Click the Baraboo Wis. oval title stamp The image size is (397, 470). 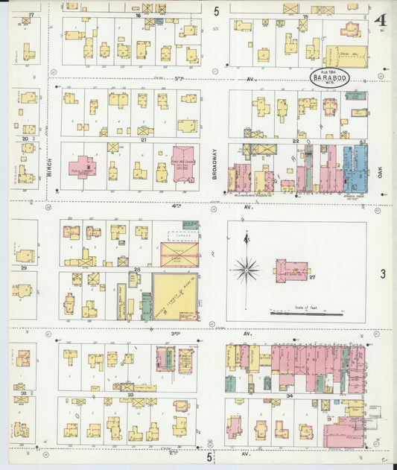pos(328,78)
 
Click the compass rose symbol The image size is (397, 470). pos(246,268)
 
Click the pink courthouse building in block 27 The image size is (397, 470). pos(290,270)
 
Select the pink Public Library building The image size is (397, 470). pos(83,166)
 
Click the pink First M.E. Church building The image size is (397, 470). pos(182,162)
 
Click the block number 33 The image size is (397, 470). pos(130,395)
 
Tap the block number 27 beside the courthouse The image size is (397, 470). pos(314,276)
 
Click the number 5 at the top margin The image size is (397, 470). pos(216,11)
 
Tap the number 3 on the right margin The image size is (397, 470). pos(383,275)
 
